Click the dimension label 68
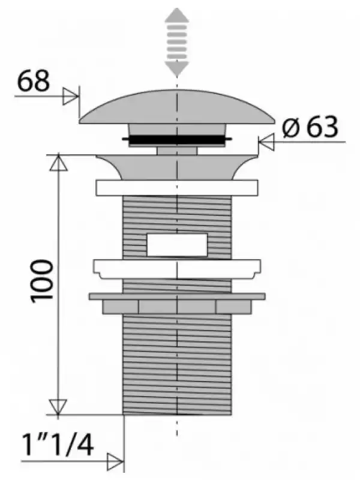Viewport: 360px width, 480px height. coord(33,81)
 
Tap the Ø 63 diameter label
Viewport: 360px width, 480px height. coord(310,127)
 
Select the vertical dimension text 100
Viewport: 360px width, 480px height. coord(42,281)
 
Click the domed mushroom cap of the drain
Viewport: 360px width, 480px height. coord(176,107)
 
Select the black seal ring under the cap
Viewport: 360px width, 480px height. coord(177,140)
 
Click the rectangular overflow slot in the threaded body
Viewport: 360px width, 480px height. coord(177,245)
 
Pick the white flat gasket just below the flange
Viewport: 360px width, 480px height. coord(177,188)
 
